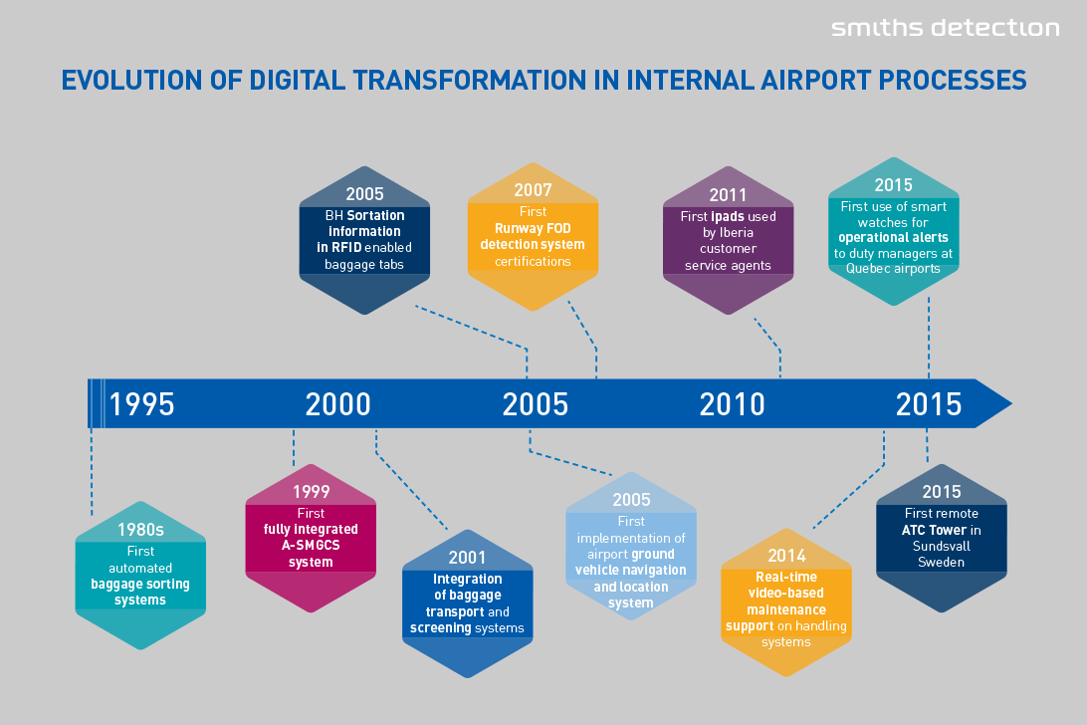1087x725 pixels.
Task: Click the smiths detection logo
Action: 945,28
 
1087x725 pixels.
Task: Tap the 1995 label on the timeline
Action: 141,404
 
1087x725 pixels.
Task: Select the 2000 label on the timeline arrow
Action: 338,404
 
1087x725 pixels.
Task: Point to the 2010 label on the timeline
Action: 732,404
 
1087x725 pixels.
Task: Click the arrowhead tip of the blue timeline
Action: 1011,403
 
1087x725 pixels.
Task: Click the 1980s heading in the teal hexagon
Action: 140,530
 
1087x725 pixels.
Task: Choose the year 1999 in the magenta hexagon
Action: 311,492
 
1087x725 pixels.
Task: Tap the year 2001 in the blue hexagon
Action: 467,558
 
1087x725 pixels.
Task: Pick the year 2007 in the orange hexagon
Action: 533,190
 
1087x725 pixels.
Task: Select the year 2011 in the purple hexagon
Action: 728,195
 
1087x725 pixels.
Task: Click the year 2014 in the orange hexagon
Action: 786,556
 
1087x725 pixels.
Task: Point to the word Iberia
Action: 737,233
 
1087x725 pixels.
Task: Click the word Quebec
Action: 867,269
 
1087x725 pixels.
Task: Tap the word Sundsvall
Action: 942,546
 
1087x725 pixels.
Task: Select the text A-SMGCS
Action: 311,546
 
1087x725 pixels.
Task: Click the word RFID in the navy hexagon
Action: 346,247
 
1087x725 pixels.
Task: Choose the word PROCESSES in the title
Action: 953,81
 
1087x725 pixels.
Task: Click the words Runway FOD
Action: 533,228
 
